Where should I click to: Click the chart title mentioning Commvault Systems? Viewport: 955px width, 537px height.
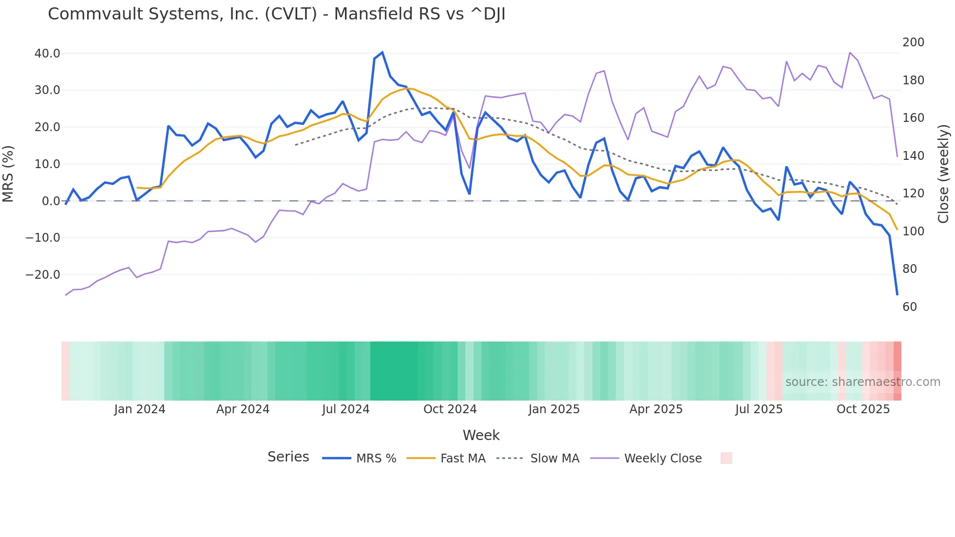[276, 14]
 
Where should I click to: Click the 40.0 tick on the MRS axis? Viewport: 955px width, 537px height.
[47, 54]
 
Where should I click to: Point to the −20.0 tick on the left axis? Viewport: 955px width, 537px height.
[43, 275]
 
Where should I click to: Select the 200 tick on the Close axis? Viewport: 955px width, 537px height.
[913, 42]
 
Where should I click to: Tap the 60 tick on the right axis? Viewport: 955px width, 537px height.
[910, 307]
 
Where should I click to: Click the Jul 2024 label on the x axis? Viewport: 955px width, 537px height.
[345, 409]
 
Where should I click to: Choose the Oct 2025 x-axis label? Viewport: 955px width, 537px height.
[863, 409]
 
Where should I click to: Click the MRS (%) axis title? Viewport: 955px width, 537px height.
[8, 174]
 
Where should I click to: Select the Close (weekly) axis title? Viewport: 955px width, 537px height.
[943, 174]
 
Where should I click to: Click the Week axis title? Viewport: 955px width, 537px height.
[481, 435]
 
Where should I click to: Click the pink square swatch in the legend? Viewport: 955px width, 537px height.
[726, 458]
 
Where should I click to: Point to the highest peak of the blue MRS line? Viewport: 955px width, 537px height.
[382, 52]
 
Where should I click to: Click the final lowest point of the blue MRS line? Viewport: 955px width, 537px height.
[897, 294]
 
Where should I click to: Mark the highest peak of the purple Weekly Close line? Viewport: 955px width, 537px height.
[850, 53]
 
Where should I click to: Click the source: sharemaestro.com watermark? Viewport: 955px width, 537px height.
[862, 382]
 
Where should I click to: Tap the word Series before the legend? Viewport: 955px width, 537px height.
[288, 457]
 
